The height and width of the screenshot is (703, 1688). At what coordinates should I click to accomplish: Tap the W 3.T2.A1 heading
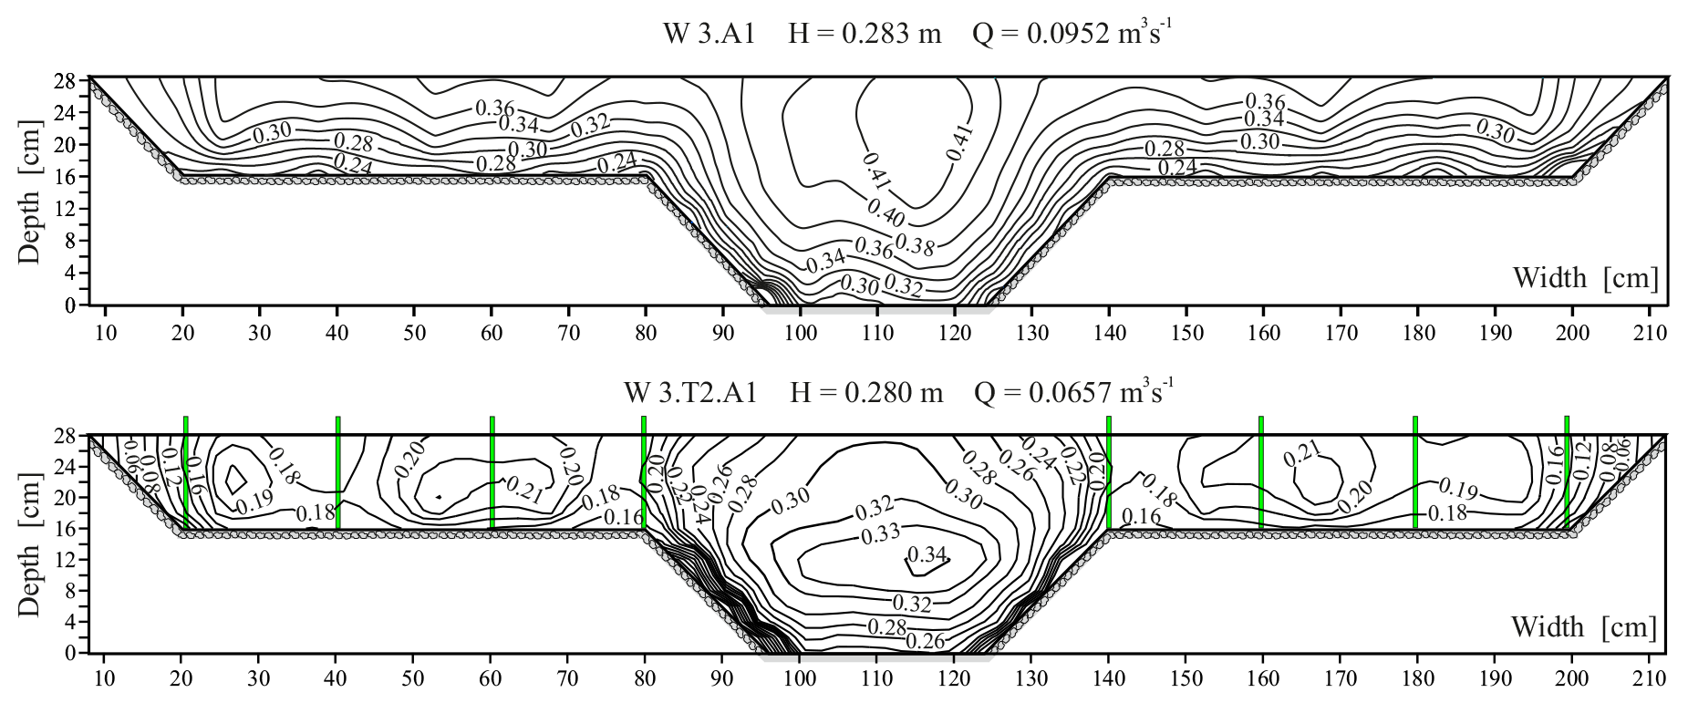[689, 393]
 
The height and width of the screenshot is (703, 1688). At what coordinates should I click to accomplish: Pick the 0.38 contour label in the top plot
[914, 243]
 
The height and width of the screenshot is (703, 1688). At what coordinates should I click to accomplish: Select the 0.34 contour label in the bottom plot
[927, 555]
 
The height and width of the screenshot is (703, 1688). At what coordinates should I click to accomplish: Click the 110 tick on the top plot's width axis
[877, 332]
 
